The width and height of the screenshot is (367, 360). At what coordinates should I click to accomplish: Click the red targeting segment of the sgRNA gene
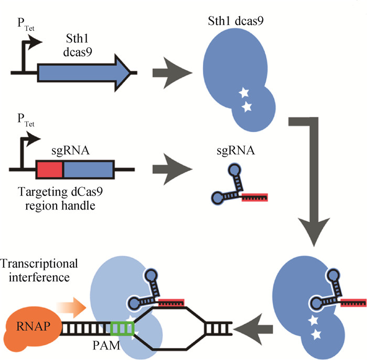click(x=50, y=170)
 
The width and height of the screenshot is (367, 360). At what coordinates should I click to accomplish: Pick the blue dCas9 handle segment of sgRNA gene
click(x=88, y=170)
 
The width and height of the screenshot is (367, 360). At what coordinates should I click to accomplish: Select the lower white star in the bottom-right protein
click(x=316, y=333)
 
